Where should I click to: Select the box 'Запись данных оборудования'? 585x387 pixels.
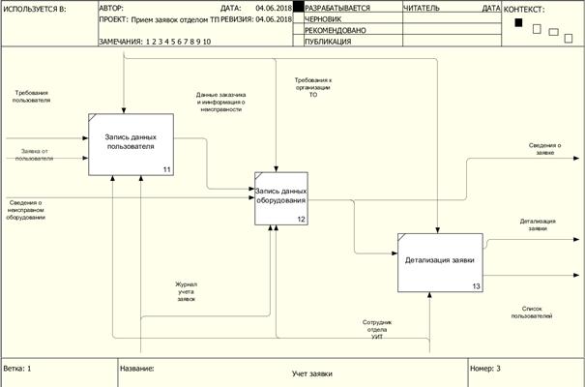280,197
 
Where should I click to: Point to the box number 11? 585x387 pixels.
167,170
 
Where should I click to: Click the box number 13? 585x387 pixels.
476,286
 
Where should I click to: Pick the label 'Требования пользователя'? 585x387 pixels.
32,97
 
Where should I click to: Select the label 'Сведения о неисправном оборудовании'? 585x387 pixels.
28,210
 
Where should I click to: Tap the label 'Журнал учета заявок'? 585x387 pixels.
186,292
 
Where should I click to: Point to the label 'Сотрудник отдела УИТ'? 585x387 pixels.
377,325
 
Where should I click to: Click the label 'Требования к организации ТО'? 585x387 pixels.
313,88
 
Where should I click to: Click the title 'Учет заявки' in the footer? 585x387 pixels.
311,372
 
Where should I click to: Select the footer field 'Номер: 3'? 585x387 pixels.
485,369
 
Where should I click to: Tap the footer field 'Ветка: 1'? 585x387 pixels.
19,369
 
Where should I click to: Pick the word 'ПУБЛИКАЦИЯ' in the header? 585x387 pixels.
329,42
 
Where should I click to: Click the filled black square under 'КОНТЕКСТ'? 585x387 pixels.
518,23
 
